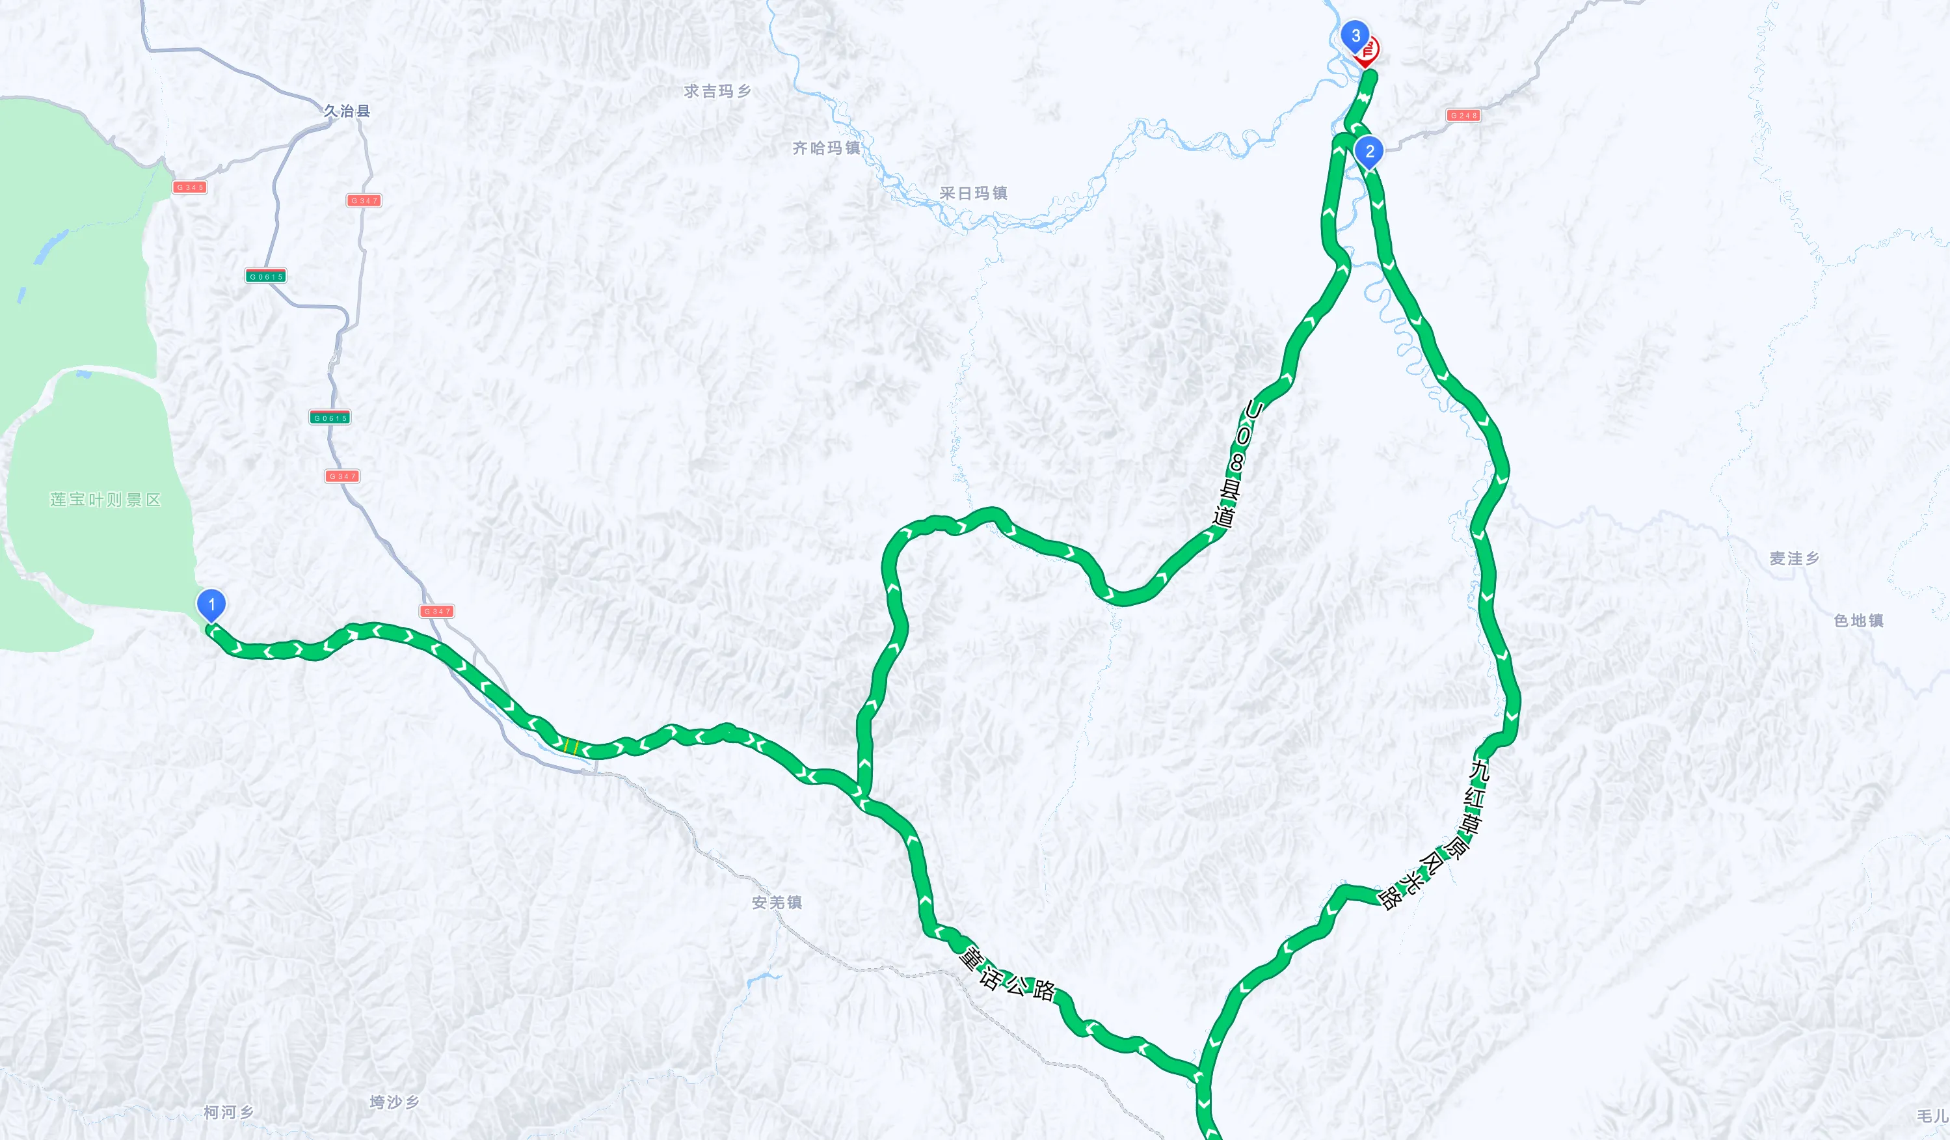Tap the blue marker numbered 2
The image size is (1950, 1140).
(x=1369, y=151)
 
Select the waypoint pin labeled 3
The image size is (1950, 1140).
(x=1354, y=36)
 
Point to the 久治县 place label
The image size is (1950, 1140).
(x=347, y=111)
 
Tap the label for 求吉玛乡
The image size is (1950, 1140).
(x=717, y=91)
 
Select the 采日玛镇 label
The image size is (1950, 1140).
(x=974, y=193)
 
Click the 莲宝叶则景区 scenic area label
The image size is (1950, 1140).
(x=105, y=500)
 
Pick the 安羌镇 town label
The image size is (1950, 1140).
(x=777, y=903)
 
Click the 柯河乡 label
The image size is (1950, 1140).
(x=228, y=1112)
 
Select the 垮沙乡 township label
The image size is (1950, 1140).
(x=394, y=1102)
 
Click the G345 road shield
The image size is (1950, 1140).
(x=189, y=187)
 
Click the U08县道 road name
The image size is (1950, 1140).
(x=1235, y=465)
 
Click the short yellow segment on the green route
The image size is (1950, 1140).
(x=571, y=747)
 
